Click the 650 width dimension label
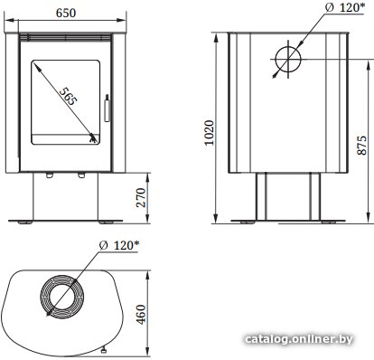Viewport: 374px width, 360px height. (x=66, y=13)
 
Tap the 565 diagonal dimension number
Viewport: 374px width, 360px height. (x=69, y=96)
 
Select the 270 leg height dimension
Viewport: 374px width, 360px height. (x=141, y=197)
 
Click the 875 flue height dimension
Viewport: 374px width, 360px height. (x=361, y=145)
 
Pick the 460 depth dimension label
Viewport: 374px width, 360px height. (x=141, y=315)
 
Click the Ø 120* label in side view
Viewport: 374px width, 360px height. (x=345, y=7)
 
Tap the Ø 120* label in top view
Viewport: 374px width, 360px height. (x=119, y=245)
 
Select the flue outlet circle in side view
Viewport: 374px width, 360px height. (x=288, y=59)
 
